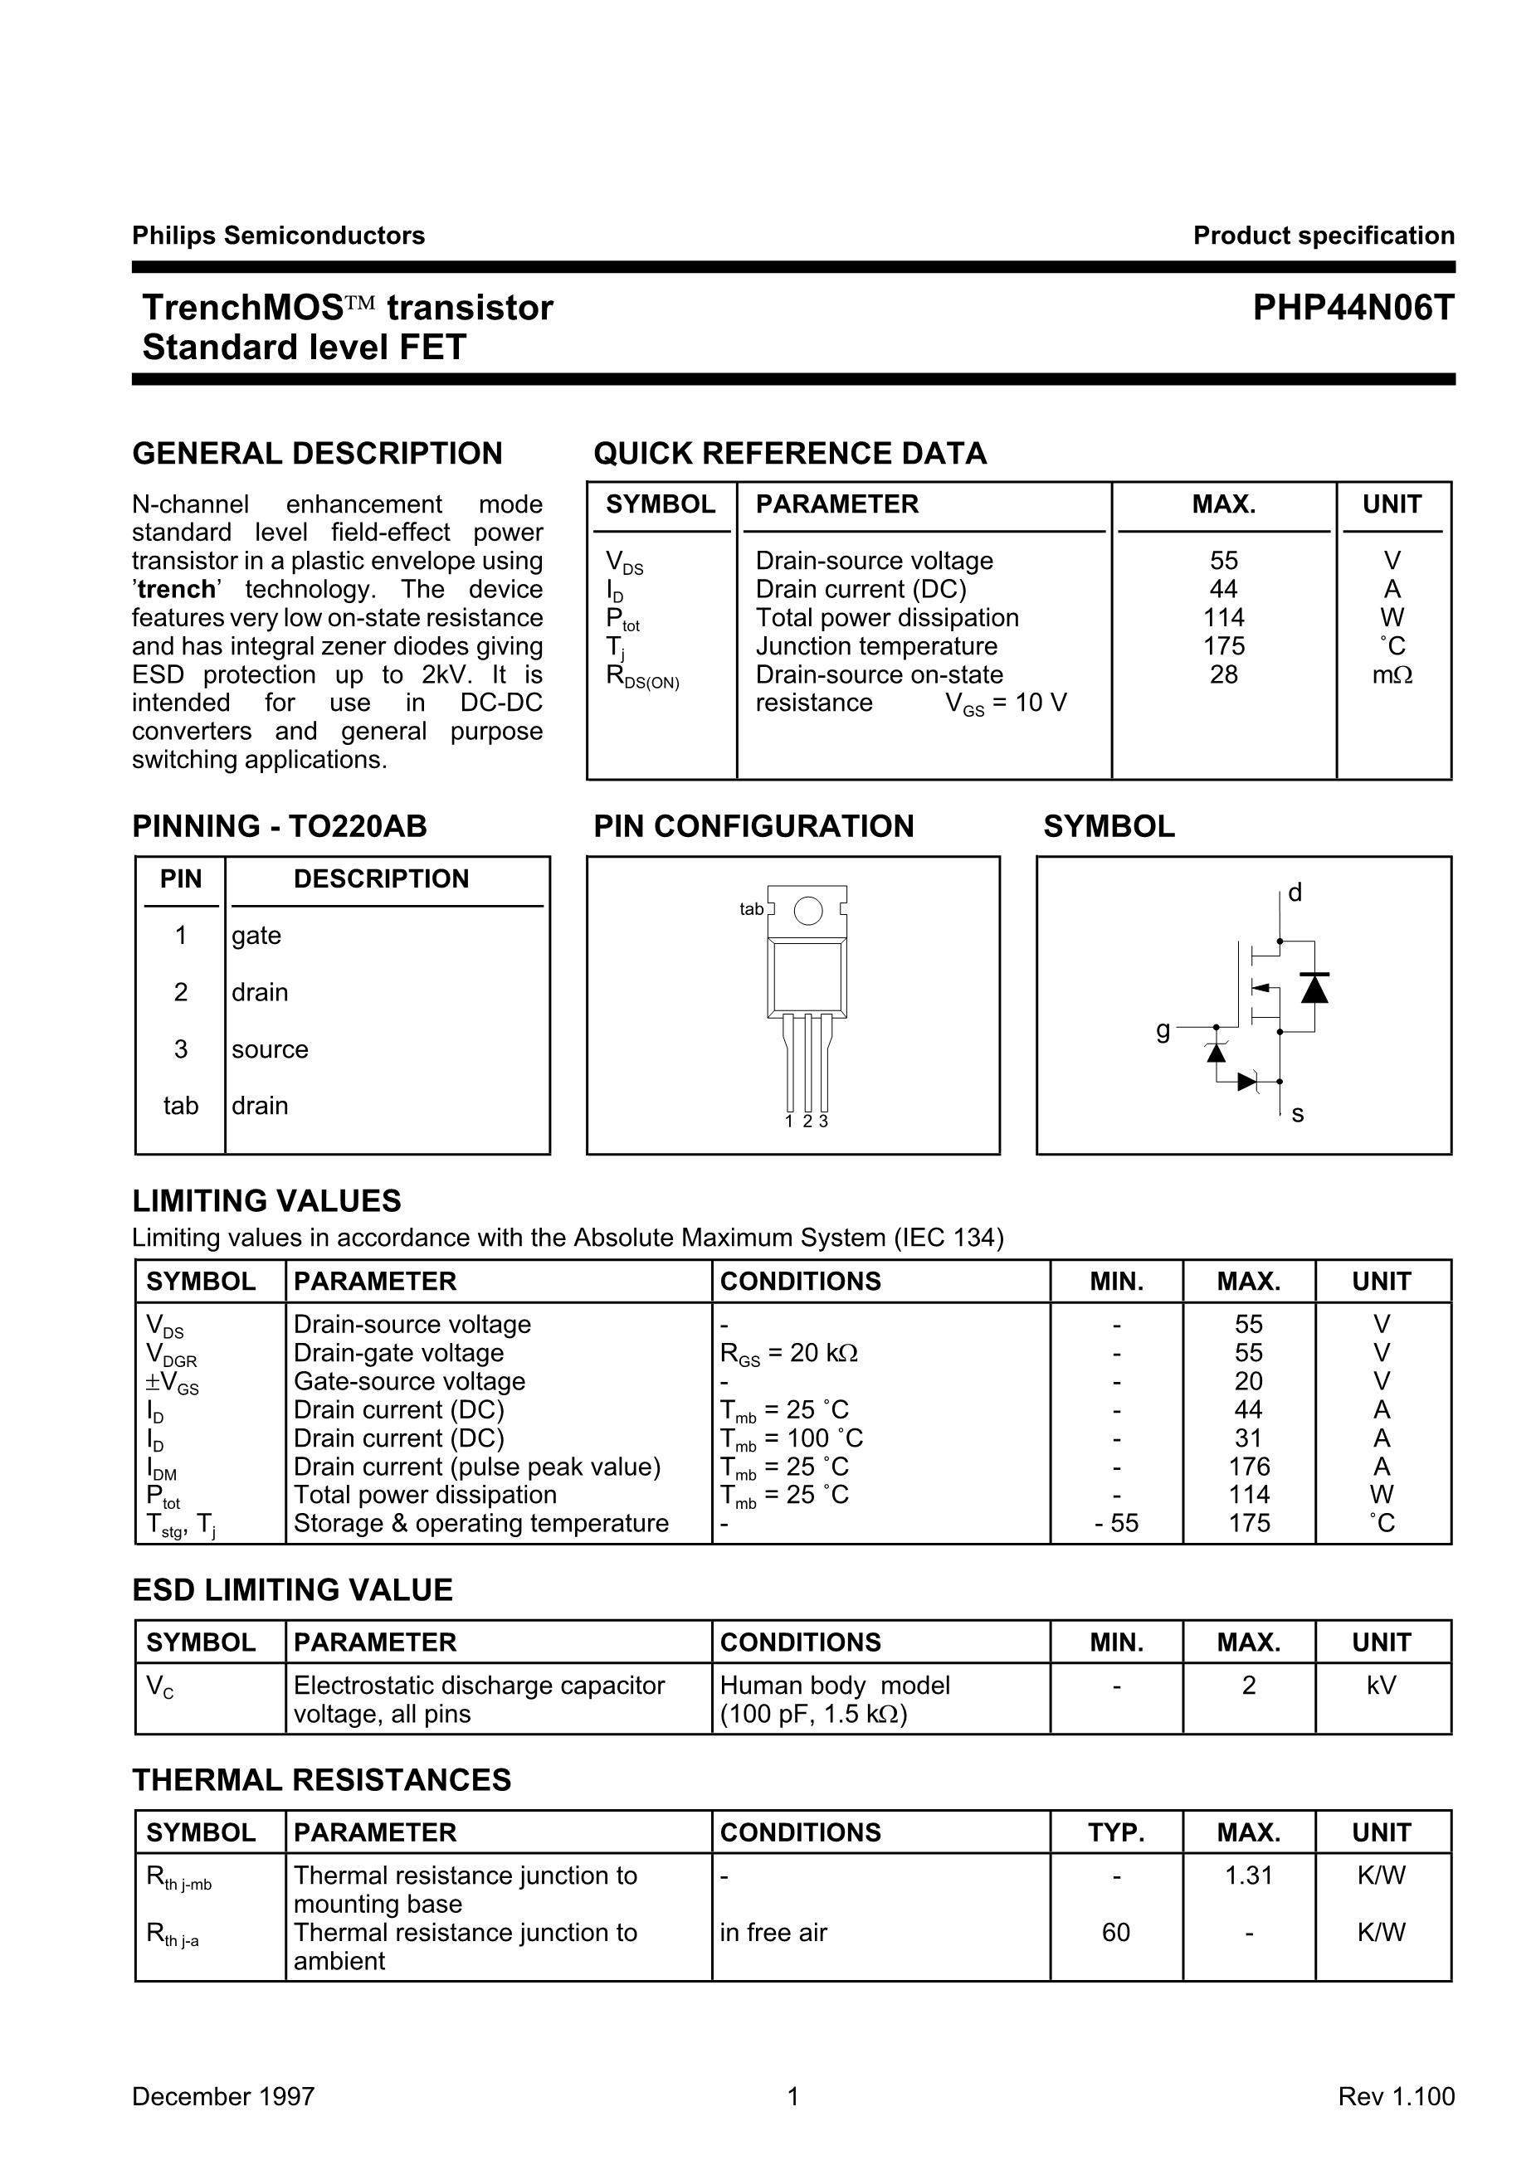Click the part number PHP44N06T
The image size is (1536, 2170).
tap(1353, 309)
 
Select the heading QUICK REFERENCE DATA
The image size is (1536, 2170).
tap(790, 454)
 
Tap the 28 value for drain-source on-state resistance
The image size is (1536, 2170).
tap(1223, 674)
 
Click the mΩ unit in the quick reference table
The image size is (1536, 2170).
tap(1392, 675)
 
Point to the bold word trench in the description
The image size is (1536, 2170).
tap(176, 589)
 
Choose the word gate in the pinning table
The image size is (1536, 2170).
tap(256, 935)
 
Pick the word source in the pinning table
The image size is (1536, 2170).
tap(270, 1049)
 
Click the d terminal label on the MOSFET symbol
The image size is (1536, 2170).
tap(1295, 893)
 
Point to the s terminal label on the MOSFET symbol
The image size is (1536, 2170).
tap(1297, 1114)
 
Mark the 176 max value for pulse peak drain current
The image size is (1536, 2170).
tap(1249, 1467)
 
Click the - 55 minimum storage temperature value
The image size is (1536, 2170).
tap(1116, 1523)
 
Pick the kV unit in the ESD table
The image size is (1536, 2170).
tap(1381, 1685)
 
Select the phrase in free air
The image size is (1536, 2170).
tap(773, 1932)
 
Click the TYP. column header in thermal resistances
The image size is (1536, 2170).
tap(1116, 1832)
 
